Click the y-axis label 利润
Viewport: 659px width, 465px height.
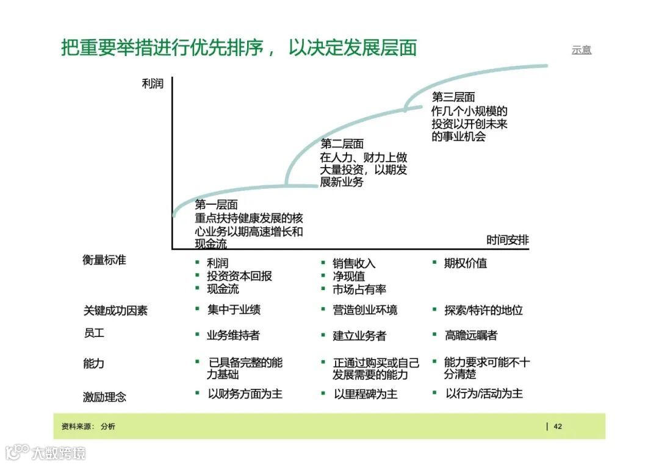click(153, 84)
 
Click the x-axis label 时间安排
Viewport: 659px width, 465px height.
click(507, 240)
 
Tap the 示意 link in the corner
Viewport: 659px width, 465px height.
click(581, 50)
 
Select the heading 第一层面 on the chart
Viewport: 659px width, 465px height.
click(216, 205)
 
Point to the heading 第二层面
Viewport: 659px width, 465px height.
click(342, 144)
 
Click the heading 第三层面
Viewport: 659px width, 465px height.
click(453, 97)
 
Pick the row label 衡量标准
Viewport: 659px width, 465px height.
click(104, 260)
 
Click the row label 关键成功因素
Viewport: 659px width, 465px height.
click(115, 310)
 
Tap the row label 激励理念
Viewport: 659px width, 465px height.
click(104, 397)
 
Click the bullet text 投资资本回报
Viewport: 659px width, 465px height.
click(239, 276)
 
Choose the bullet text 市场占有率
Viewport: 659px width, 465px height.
click(359, 289)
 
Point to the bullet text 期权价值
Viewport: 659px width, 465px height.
click(466, 263)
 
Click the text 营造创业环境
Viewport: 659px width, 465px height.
click(365, 310)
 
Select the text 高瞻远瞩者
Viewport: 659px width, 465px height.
click(471, 335)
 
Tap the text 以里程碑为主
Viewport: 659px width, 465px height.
click(365, 394)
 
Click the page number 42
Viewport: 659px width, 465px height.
click(558, 427)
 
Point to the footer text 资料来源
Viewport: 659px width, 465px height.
click(77, 427)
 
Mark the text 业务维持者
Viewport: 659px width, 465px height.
click(233, 335)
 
